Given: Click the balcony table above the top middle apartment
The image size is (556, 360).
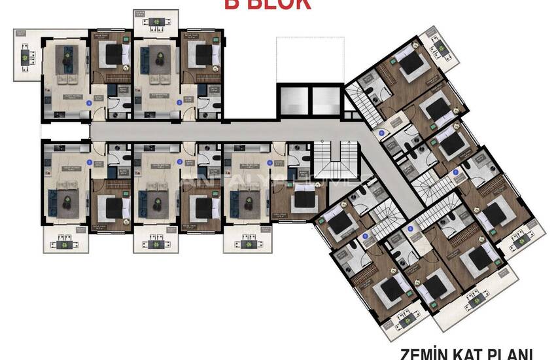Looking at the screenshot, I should [x=156, y=22].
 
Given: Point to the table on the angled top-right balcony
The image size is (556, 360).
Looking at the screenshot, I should [x=435, y=46].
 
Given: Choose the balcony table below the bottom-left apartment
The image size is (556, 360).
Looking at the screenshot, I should [x=65, y=243].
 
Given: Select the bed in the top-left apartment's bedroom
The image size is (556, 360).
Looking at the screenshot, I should [x=113, y=52].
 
